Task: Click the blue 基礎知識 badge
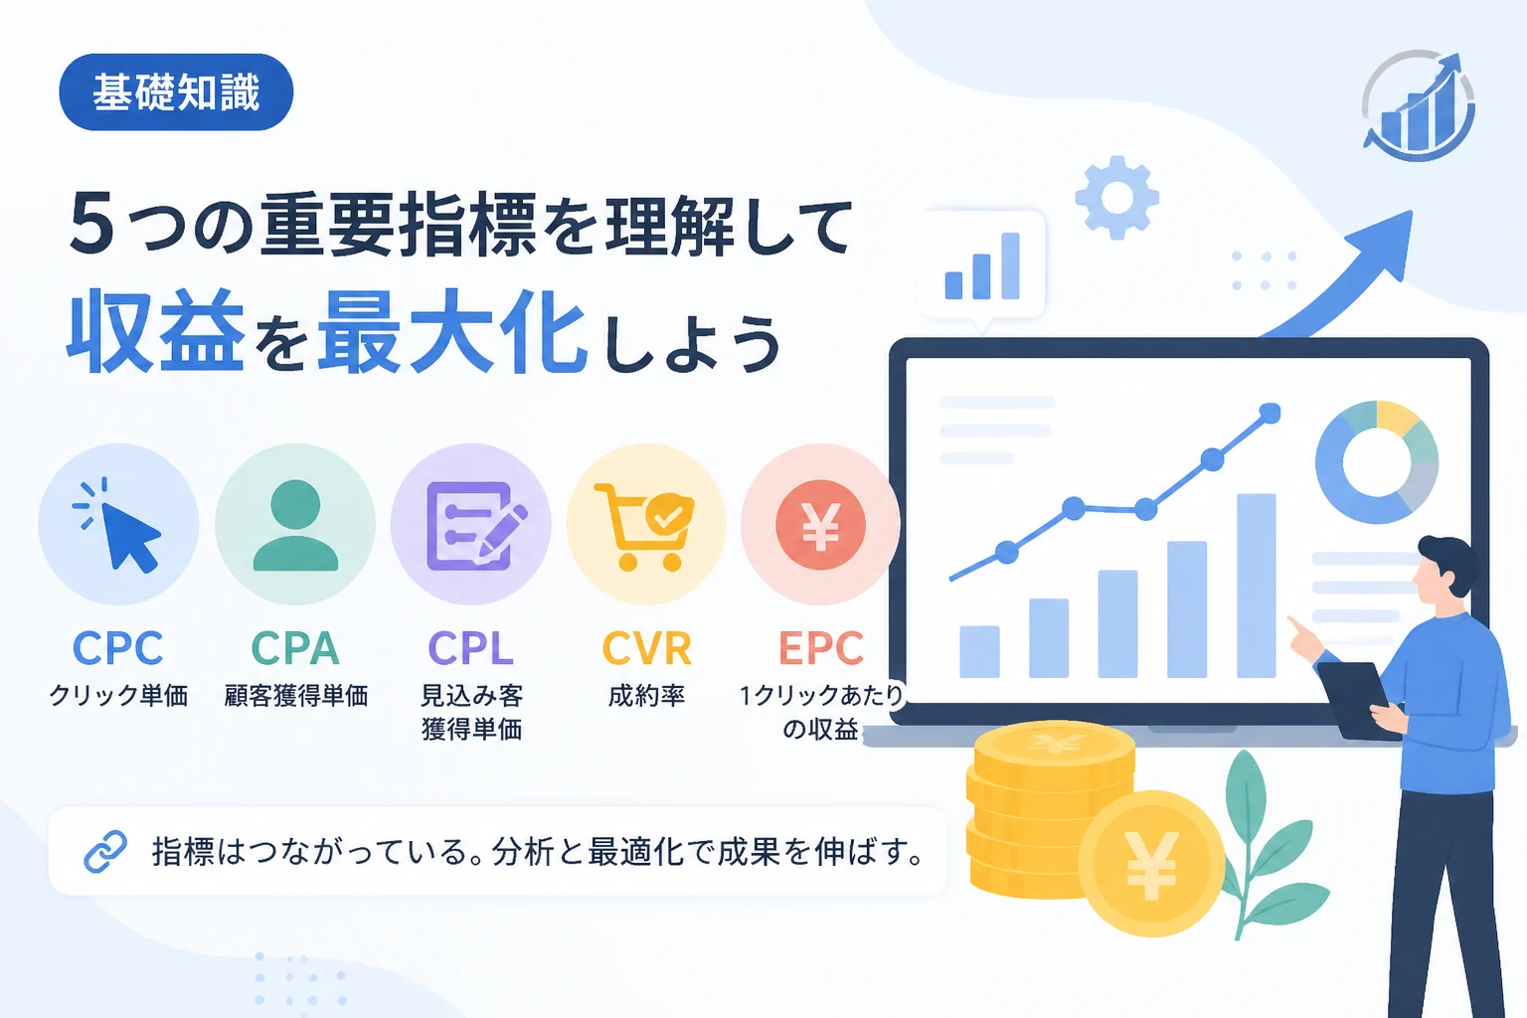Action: click(176, 92)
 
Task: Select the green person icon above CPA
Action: click(295, 524)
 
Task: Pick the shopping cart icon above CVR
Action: click(644, 526)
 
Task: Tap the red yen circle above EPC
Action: click(820, 524)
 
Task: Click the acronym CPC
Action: click(118, 648)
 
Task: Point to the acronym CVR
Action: click(646, 648)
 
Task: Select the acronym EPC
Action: click(821, 648)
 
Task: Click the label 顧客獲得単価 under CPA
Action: click(296, 696)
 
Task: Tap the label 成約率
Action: click(646, 696)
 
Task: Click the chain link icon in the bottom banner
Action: click(105, 852)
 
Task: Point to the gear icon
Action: click(1116, 198)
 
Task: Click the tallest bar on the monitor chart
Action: click(1256, 585)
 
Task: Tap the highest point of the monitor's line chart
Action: click(1270, 413)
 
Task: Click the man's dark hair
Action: click(1448, 563)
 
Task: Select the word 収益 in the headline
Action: click(155, 330)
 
